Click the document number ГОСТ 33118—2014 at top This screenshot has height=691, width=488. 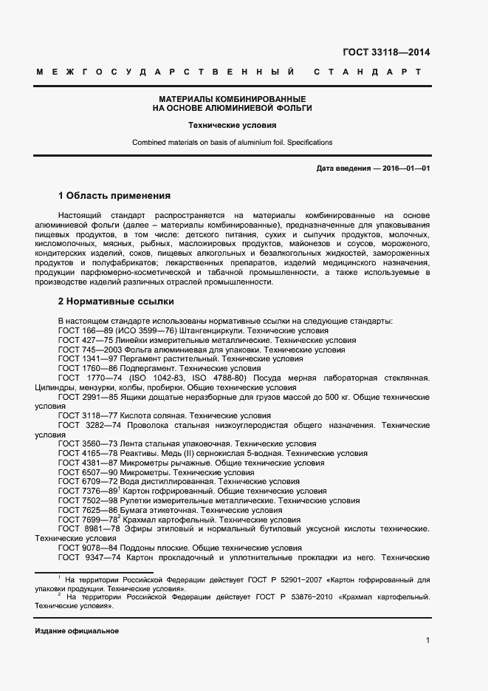click(386, 52)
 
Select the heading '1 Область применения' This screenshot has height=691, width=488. click(114, 196)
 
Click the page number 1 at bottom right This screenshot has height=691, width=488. click(427, 640)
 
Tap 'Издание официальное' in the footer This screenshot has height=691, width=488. click(77, 631)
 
